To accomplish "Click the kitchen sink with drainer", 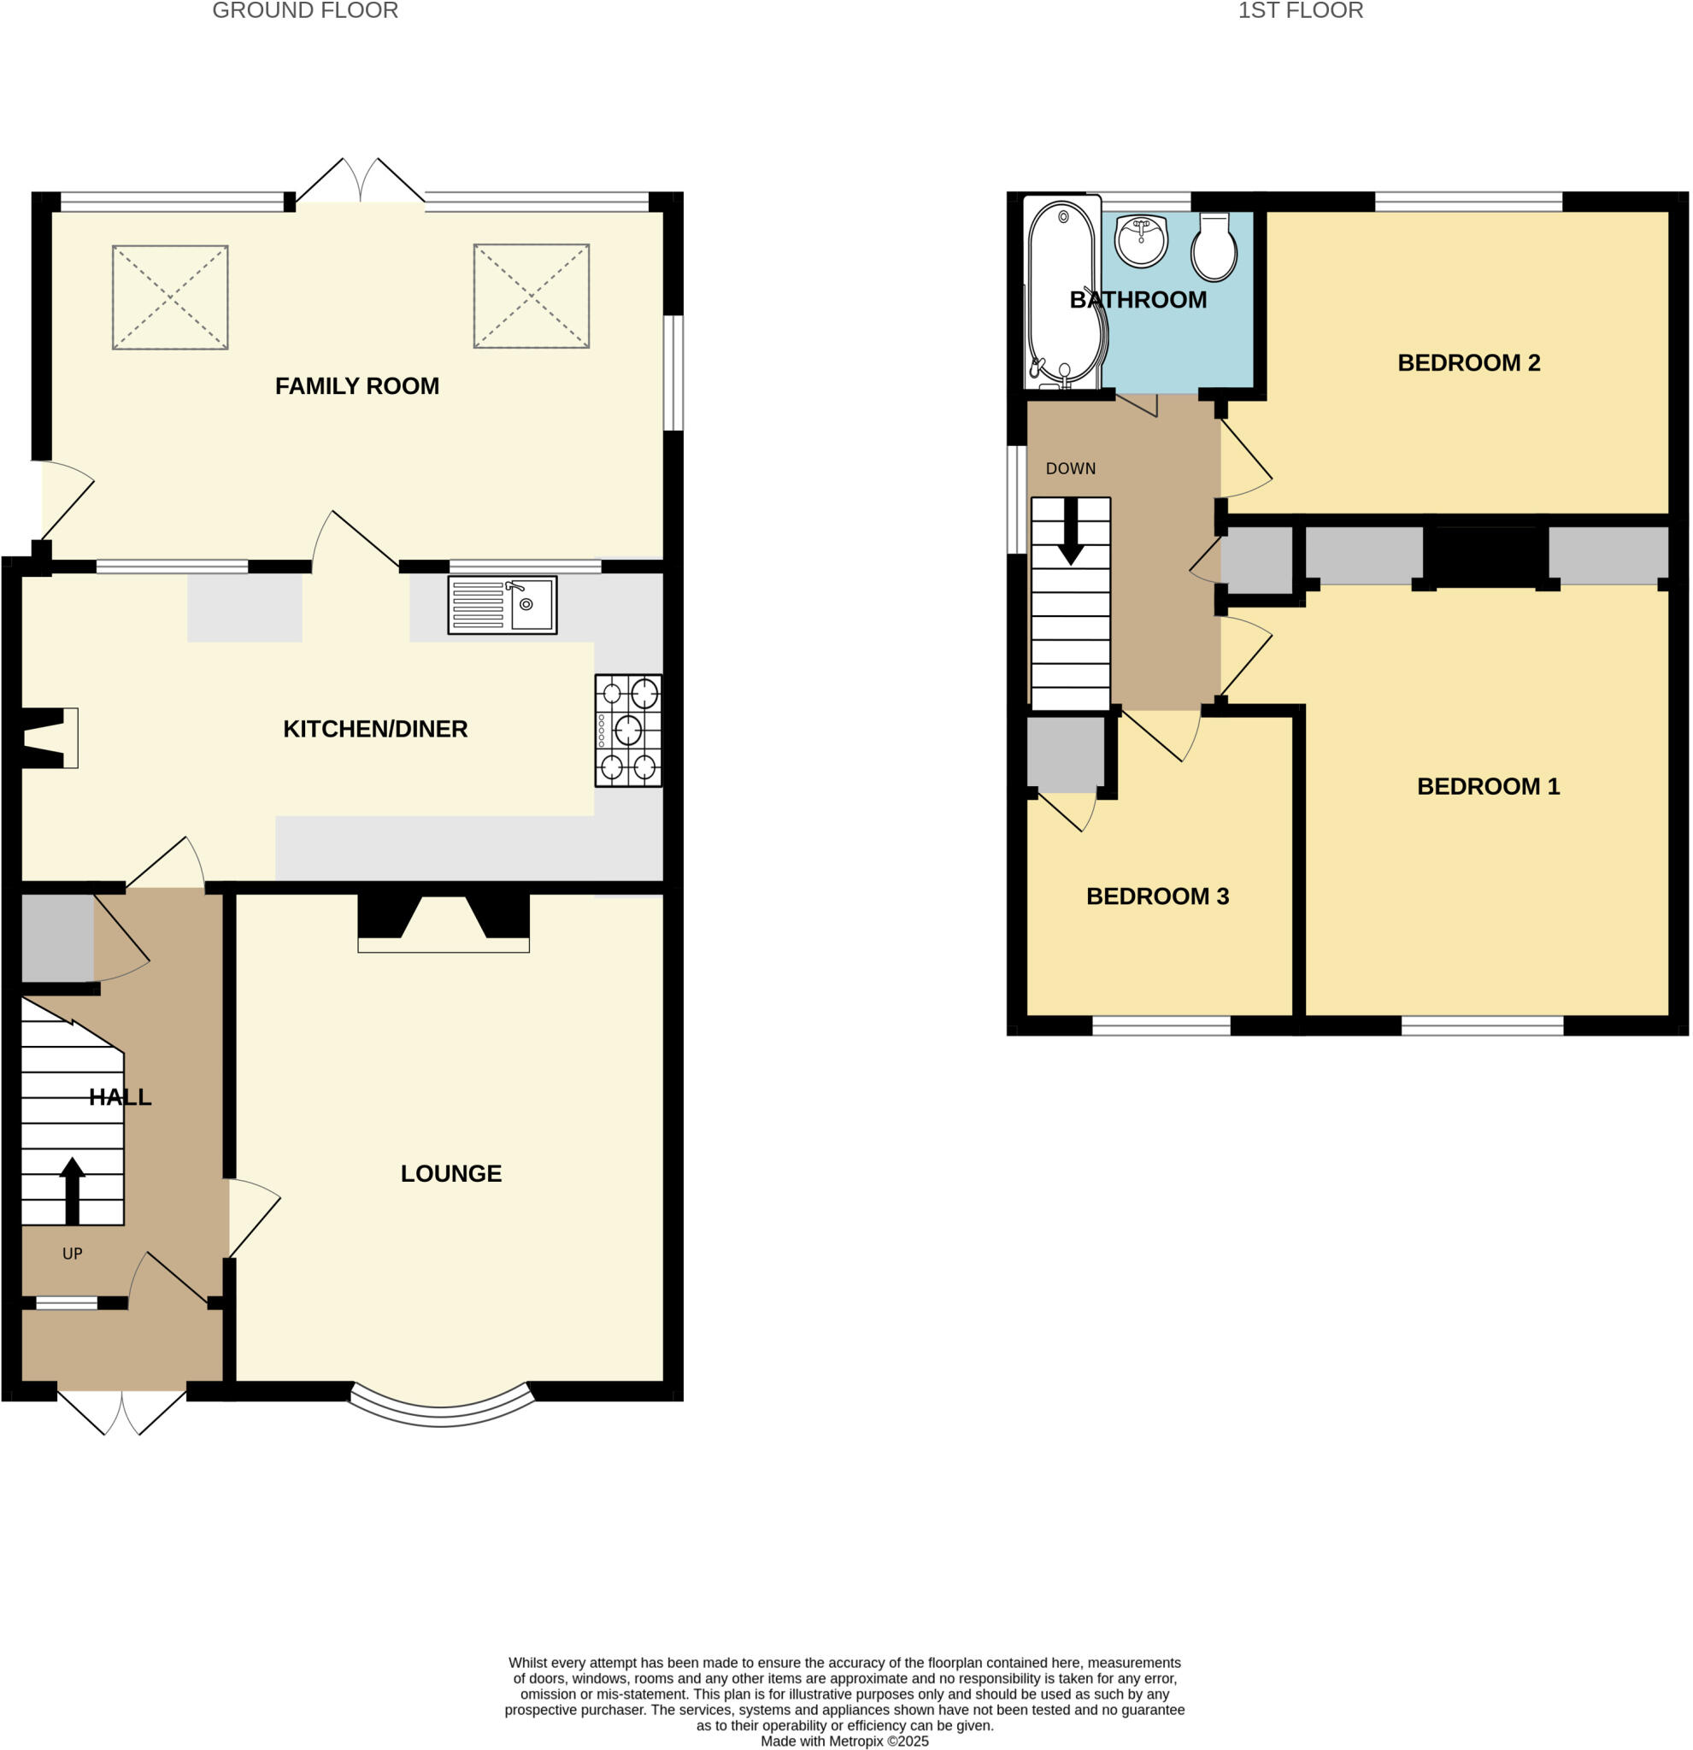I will click(x=502, y=605).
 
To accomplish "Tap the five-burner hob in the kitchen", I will click(x=628, y=730).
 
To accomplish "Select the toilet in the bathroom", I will click(x=1214, y=247).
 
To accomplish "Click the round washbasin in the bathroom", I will click(x=1141, y=241).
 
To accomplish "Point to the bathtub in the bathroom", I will click(x=1062, y=293).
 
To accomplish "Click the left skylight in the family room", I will click(x=170, y=297).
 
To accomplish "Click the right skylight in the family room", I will click(x=532, y=296).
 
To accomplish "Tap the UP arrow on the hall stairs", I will click(x=73, y=1190).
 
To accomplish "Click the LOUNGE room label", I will click(x=451, y=1173).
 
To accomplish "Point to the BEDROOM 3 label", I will click(x=1157, y=896).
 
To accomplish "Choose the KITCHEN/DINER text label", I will click(x=375, y=729).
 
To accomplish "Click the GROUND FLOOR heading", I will click(x=305, y=11).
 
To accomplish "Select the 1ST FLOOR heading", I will click(x=1300, y=11).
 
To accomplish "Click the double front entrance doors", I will click(x=122, y=1412).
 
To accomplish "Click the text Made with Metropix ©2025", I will click(x=844, y=1741).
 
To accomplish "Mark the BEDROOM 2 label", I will click(x=1468, y=362).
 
